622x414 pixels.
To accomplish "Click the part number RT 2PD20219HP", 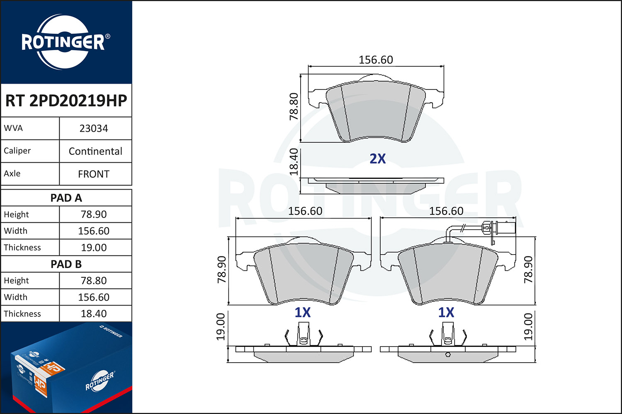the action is [66, 101].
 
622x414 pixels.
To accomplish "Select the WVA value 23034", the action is [94, 128].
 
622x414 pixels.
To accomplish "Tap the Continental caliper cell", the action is [95, 151].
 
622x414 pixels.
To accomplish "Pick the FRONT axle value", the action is [94, 174].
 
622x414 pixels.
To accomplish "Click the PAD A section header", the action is [66, 198].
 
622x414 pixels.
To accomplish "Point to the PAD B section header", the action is [66, 264].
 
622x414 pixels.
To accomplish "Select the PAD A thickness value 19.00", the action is [94, 247].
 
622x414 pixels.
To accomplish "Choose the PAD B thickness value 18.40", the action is [94, 314].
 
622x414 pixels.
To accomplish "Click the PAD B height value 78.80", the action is [94, 281].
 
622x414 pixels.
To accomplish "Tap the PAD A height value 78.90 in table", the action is [94, 214].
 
